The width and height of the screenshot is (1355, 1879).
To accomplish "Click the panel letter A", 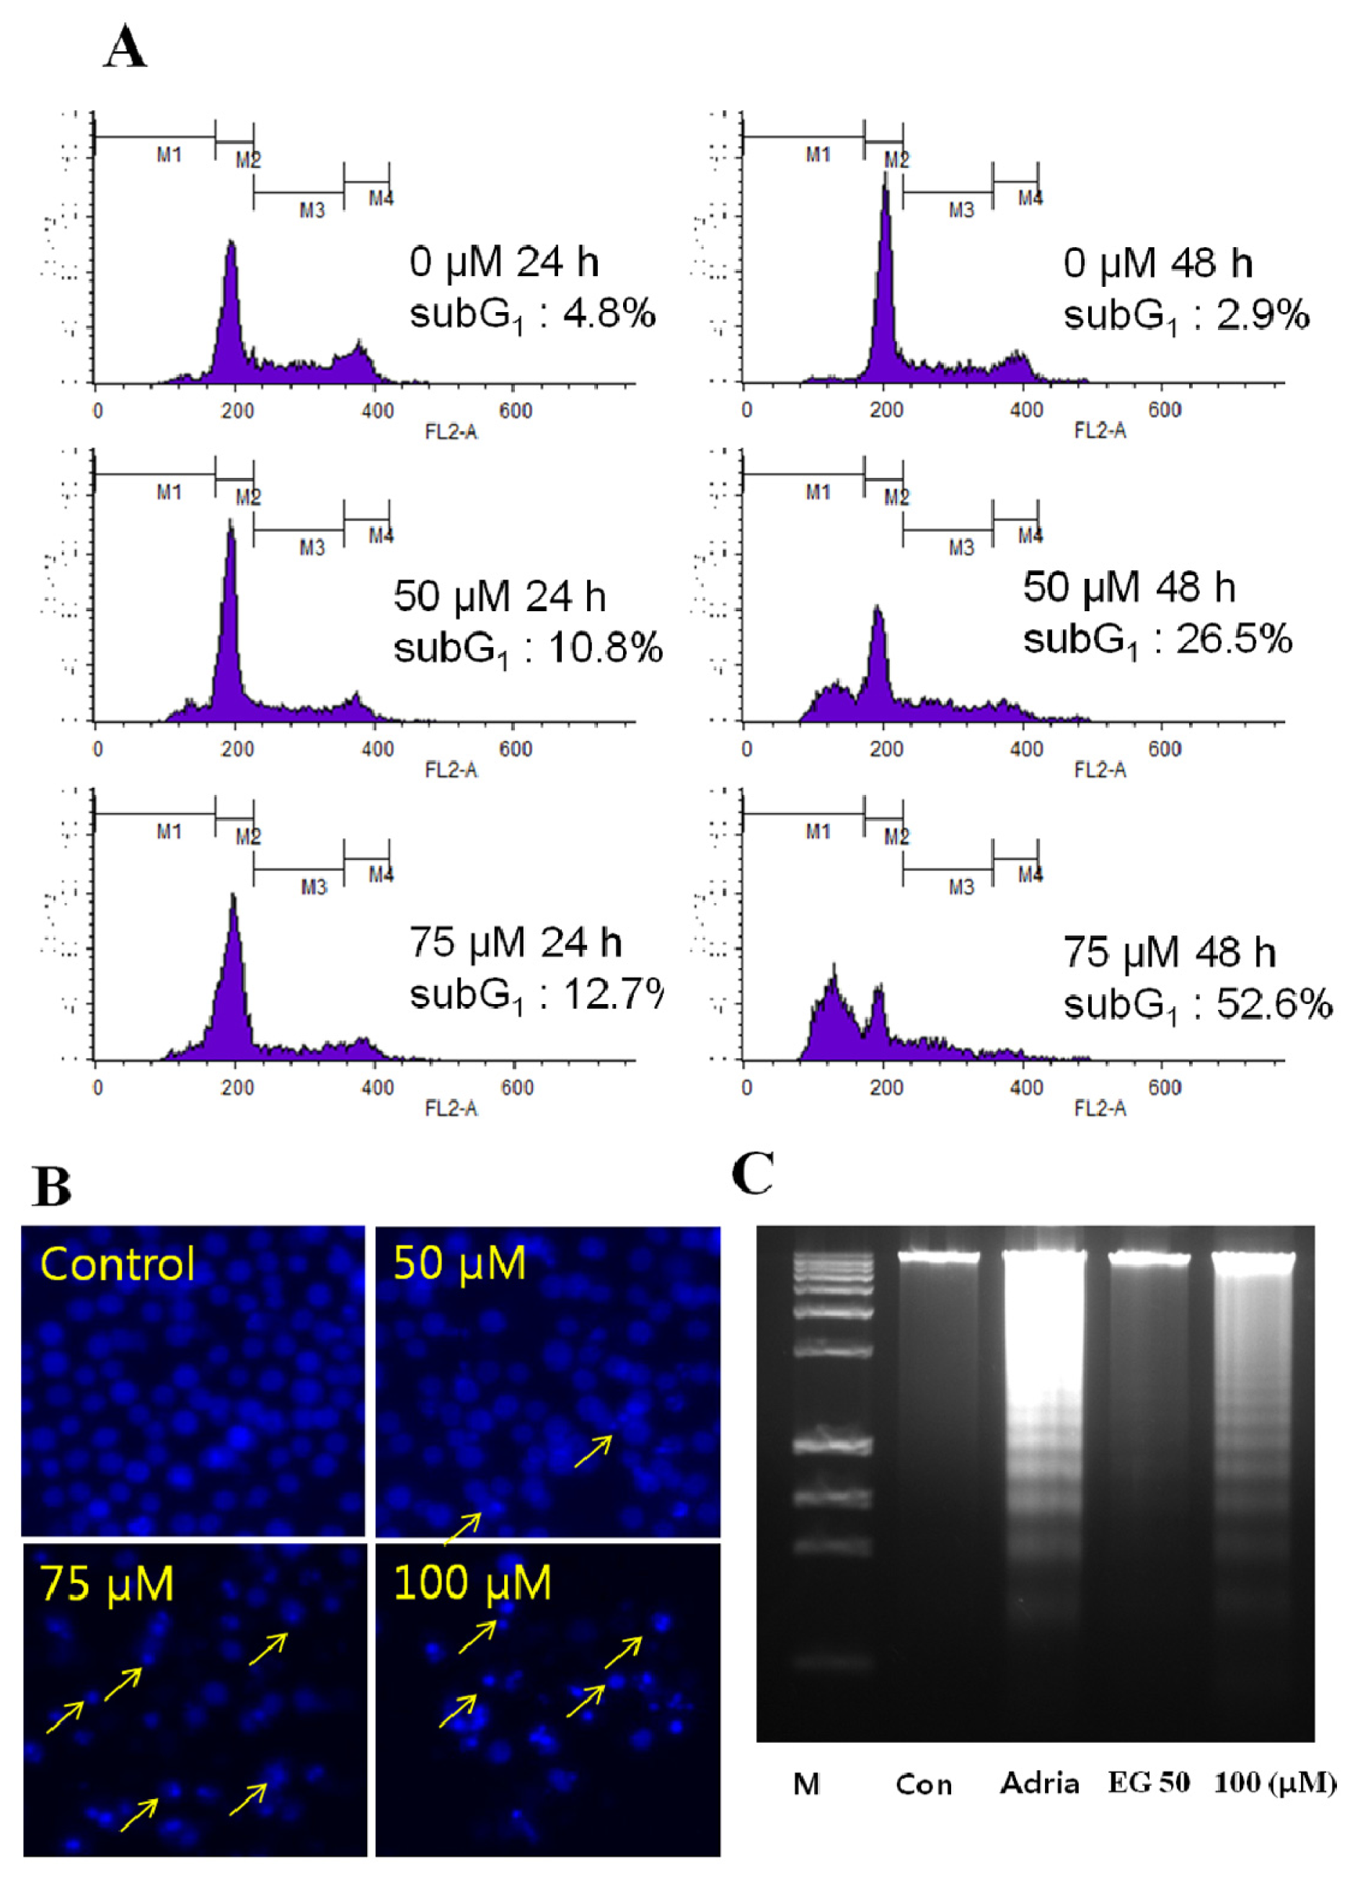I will pos(125,48).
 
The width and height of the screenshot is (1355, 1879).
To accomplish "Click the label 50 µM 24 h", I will pos(499,597).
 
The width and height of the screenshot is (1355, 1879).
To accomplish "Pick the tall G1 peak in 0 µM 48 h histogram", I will pos(886,249).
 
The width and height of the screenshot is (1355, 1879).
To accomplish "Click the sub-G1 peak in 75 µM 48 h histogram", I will pos(833,994).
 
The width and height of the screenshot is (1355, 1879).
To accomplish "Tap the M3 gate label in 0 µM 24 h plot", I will pos(312,211).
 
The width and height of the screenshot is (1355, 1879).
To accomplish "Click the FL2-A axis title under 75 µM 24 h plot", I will pos(451,1109).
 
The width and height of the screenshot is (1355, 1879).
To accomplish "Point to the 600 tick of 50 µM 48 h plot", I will pos(1164,749).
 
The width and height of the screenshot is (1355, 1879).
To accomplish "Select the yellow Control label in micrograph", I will pos(117,1264).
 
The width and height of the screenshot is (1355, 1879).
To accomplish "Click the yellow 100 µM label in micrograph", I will pos(472,1583).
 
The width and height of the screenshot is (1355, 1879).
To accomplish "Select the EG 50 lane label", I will pos(1149,1783).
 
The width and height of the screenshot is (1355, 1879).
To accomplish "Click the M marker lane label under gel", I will pos(806,1784).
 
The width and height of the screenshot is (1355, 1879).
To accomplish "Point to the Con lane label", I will pos(923,1784).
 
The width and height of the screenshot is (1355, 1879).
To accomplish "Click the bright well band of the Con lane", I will pos(939,1257).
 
